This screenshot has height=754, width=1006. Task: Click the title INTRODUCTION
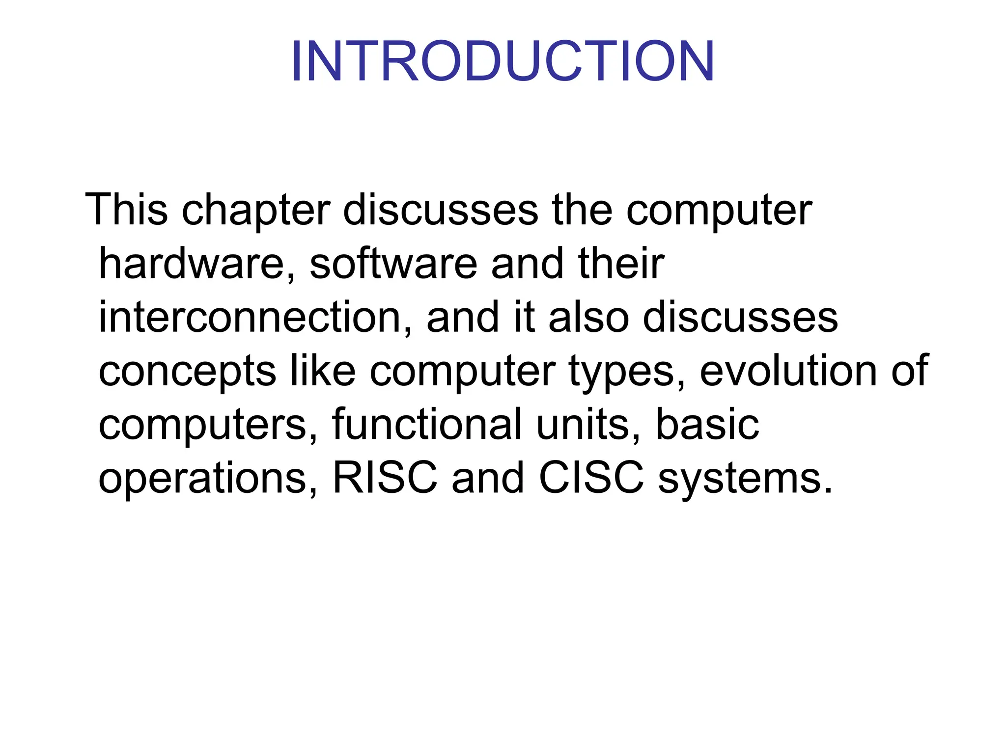(503, 61)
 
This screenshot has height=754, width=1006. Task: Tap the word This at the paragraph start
(127, 210)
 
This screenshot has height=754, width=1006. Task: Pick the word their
(621, 264)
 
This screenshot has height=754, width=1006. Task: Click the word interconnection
(250, 318)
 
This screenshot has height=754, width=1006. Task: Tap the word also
(588, 318)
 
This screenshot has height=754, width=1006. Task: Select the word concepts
(187, 372)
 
